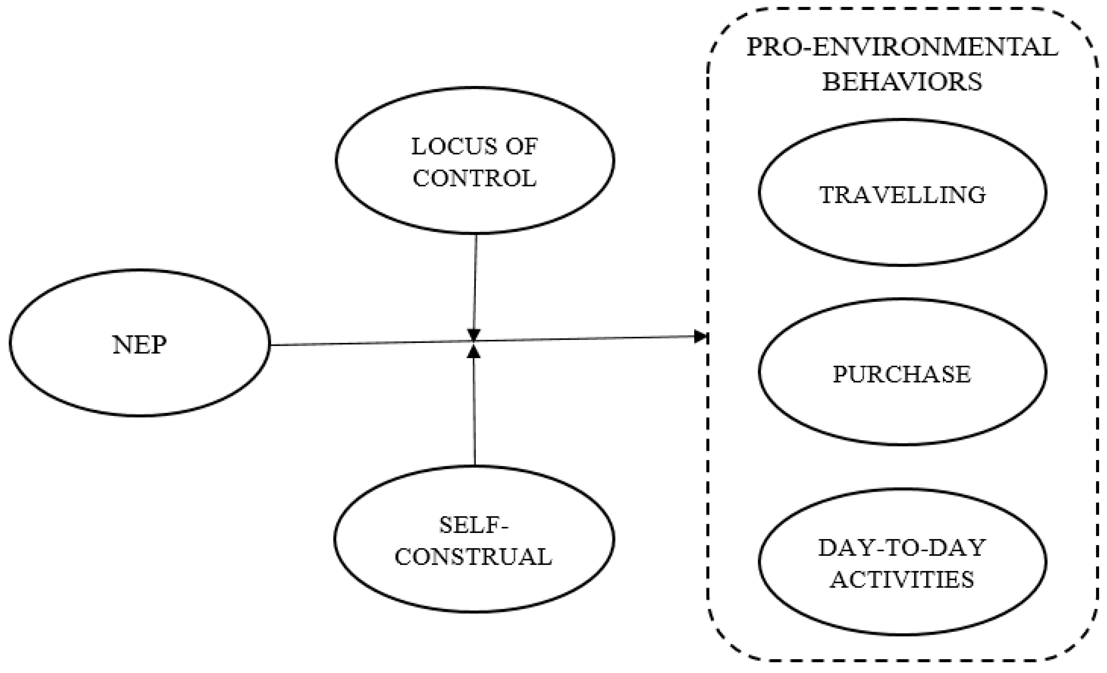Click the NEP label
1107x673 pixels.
click(139, 345)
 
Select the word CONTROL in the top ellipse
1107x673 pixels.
click(474, 178)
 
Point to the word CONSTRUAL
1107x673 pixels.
click(473, 557)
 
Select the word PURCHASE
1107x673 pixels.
click(902, 374)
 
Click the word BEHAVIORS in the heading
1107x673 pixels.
click(902, 82)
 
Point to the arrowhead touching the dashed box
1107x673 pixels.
click(701, 336)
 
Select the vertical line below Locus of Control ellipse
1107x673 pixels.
click(475, 283)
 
